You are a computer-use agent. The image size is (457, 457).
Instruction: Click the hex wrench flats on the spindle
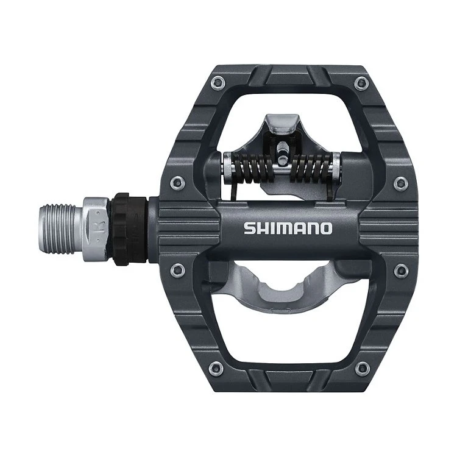point(96,219)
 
